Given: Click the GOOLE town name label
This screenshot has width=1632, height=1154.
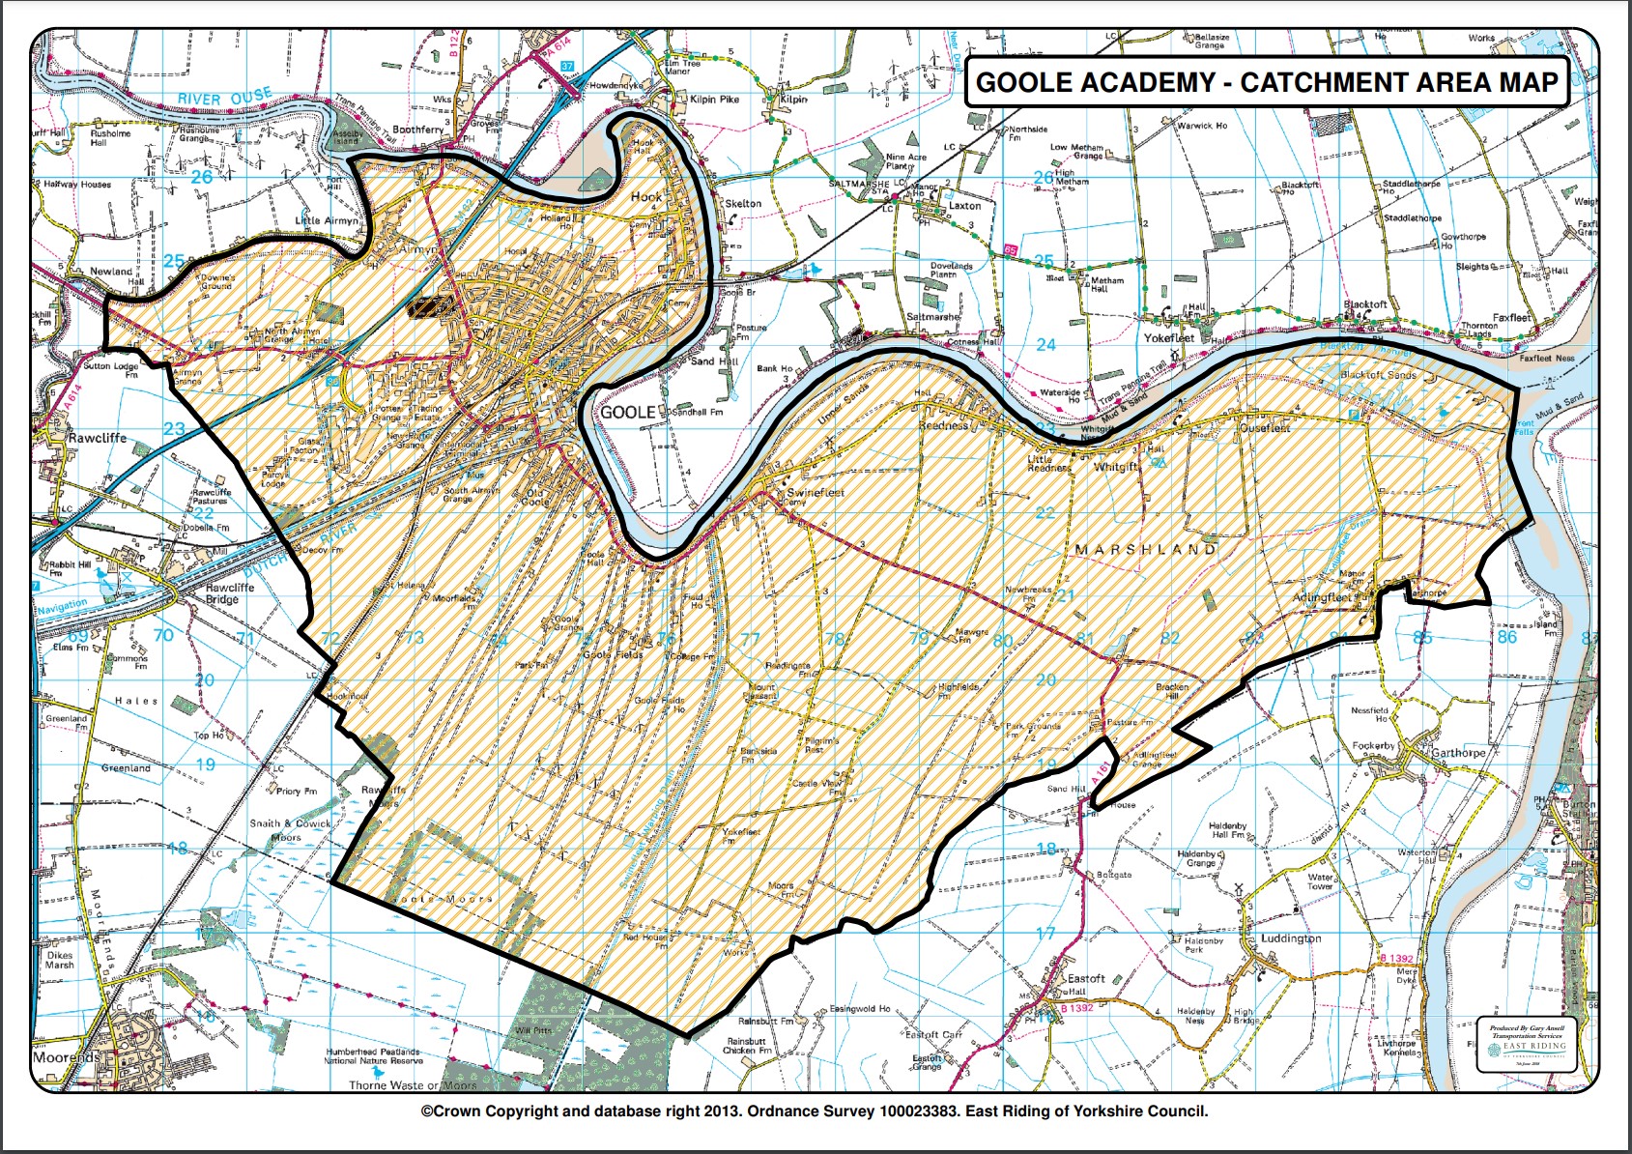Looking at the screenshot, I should coord(628,413).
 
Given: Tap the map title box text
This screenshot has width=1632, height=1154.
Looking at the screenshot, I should coord(1266,82).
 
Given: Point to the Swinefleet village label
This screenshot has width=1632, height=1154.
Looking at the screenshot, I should coord(816,492).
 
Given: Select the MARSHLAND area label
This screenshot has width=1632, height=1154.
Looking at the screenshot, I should coord(1146,549).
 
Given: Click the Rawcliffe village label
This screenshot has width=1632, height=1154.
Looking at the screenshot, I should coord(97,438).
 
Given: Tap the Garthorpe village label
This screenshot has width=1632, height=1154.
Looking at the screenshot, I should coord(1458,753).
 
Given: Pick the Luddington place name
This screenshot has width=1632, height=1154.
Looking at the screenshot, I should coord(1290,938).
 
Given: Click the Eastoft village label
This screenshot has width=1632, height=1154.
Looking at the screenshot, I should coord(1085,978).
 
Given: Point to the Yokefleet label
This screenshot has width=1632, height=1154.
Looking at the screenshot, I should coord(1169,338).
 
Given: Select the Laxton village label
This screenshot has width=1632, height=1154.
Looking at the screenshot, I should coord(964,206).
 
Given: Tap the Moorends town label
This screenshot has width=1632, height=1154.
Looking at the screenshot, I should coord(66,1057).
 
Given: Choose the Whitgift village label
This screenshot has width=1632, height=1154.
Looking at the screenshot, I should coord(1115,467).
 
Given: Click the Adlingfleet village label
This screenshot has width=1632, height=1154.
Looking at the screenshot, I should coord(1322,598).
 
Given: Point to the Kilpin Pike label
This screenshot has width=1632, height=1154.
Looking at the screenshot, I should coord(714,100).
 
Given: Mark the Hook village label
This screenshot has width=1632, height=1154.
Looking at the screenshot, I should coord(646,196).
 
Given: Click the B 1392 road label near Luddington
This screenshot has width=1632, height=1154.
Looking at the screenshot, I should coord(1395,959).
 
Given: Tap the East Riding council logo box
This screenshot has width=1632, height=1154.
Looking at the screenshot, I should coord(1527,1044).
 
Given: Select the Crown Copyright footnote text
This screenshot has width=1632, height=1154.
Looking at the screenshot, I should coord(814,1111).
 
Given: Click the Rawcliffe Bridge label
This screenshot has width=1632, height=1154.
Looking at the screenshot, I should coord(230,593).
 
